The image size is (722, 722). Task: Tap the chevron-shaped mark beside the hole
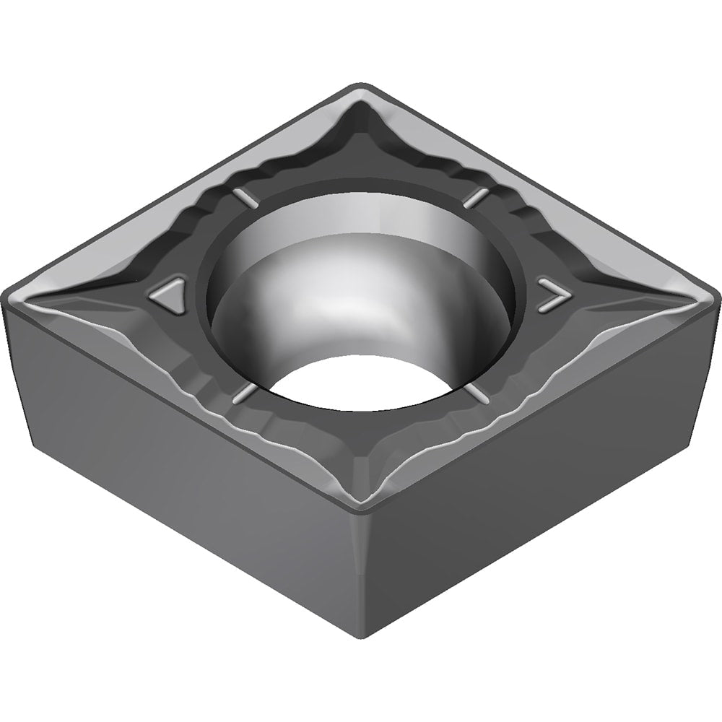click(553, 294)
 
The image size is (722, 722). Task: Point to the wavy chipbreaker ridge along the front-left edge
click(217, 419)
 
